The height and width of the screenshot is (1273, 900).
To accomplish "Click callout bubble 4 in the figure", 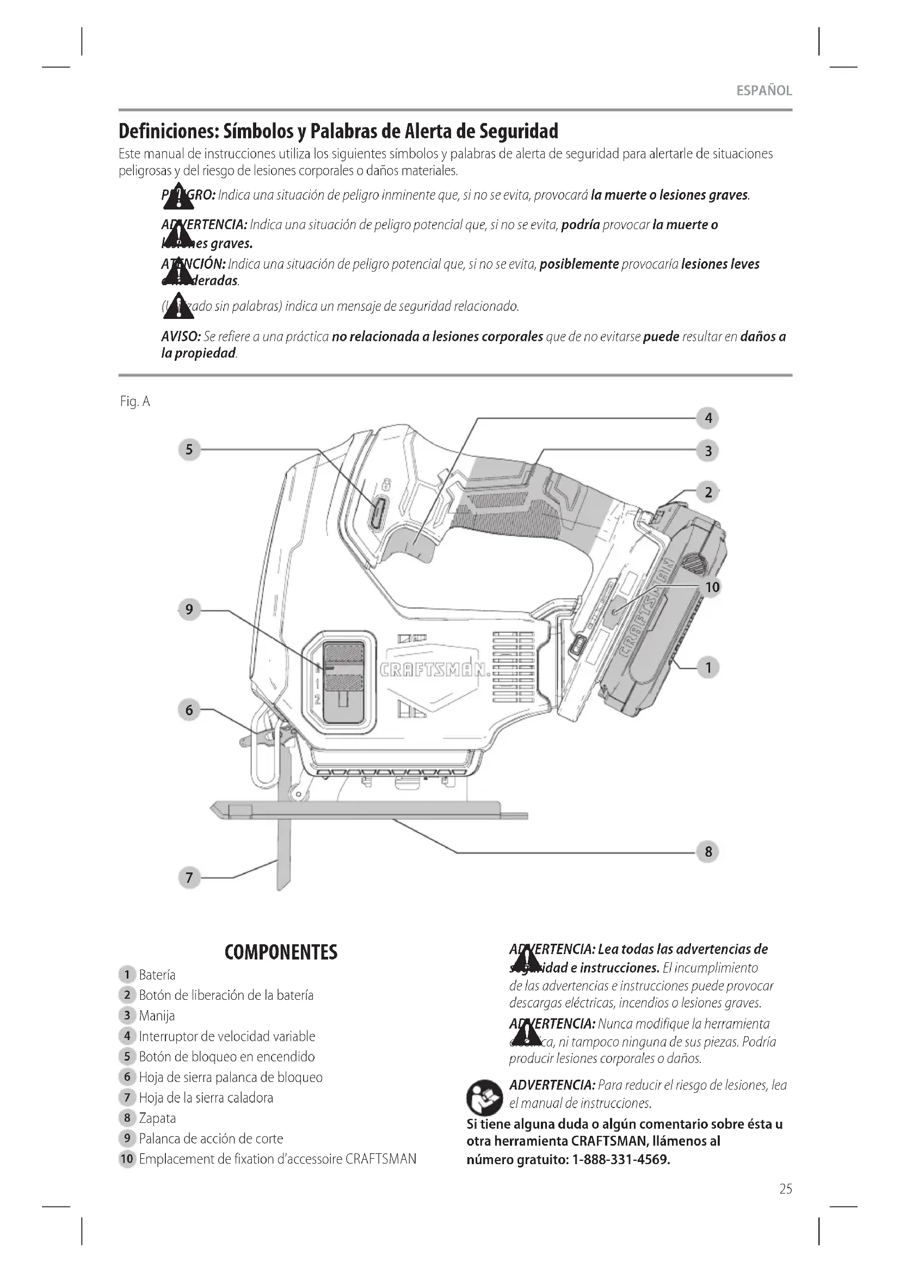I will click(x=708, y=418).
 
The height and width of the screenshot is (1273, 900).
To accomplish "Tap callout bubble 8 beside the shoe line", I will click(x=708, y=851).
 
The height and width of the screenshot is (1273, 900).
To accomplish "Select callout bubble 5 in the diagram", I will click(x=189, y=449).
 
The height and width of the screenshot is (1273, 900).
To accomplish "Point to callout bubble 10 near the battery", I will click(x=712, y=587).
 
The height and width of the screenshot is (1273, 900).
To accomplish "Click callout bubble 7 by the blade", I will click(x=189, y=878).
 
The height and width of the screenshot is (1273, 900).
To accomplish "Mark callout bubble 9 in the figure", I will click(x=189, y=610).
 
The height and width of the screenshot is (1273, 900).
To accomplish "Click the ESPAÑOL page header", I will click(x=763, y=91).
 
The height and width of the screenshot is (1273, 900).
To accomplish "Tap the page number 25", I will click(x=785, y=1189).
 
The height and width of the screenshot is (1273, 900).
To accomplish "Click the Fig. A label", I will click(x=134, y=402).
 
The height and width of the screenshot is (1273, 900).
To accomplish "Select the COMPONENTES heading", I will click(x=281, y=952).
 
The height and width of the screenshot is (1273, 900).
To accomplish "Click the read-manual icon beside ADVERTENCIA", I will click(x=484, y=1097).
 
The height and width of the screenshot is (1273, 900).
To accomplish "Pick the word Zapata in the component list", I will click(x=157, y=1118).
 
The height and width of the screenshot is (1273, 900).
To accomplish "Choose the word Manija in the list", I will click(x=157, y=1015).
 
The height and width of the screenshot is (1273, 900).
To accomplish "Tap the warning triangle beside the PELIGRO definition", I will click(x=178, y=198).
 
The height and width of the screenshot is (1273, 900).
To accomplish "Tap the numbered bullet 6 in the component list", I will click(x=127, y=1077).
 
